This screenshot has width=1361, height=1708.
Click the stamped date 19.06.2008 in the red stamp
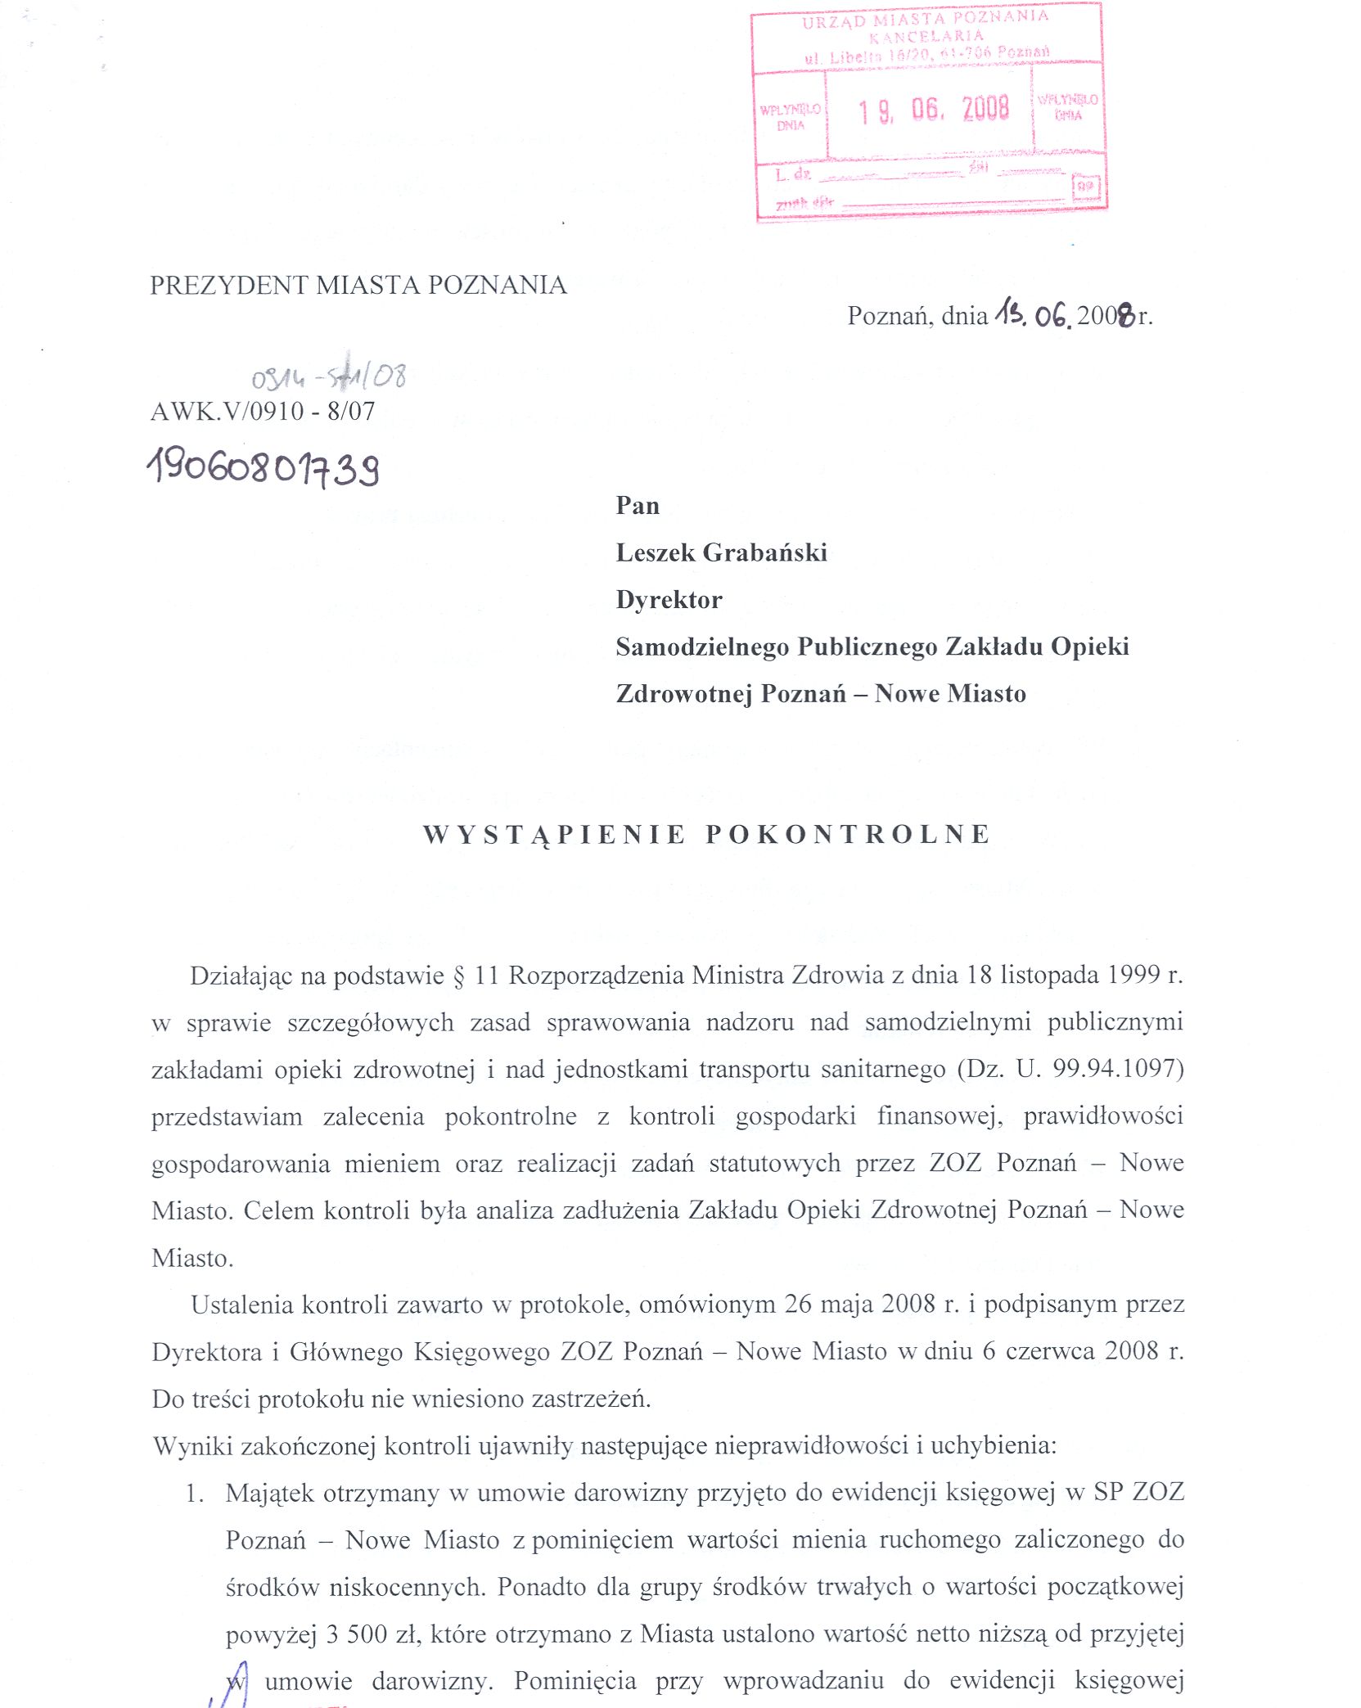point(933,110)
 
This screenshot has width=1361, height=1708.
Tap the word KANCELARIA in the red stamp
point(926,36)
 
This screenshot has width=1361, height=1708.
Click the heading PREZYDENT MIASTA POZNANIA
point(358,285)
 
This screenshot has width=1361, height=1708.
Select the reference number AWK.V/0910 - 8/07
point(263,411)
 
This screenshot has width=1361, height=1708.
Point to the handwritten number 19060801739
point(264,468)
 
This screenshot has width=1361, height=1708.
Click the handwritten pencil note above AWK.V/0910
point(328,375)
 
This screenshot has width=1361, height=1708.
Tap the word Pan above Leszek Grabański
point(637,505)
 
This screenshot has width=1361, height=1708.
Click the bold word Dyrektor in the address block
point(669,600)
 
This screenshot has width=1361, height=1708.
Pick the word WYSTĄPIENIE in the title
point(554,834)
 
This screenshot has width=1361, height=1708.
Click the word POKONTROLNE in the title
point(848,834)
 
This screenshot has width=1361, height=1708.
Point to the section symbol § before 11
point(458,976)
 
